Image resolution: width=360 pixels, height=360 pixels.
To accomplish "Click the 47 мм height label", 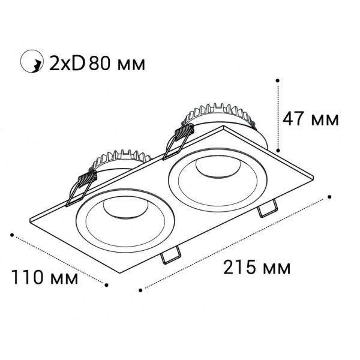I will click(x=310, y=119).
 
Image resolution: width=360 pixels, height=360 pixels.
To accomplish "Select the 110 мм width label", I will click(x=45, y=278).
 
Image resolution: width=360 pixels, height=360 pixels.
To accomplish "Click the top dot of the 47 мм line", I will click(x=278, y=79).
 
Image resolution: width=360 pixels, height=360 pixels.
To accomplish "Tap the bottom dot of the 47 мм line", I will click(x=278, y=149).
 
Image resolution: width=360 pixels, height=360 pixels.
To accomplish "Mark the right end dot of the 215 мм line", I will click(x=330, y=196).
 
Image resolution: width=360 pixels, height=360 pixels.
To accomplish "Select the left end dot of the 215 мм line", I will click(x=140, y=290).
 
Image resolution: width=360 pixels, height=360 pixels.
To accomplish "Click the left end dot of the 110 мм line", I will click(x=12, y=235).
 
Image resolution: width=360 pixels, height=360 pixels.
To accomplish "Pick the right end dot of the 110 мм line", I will click(x=106, y=285).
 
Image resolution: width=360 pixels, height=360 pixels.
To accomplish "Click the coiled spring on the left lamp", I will click(x=87, y=178).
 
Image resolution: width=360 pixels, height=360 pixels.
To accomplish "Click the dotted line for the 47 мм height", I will click(x=278, y=114).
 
